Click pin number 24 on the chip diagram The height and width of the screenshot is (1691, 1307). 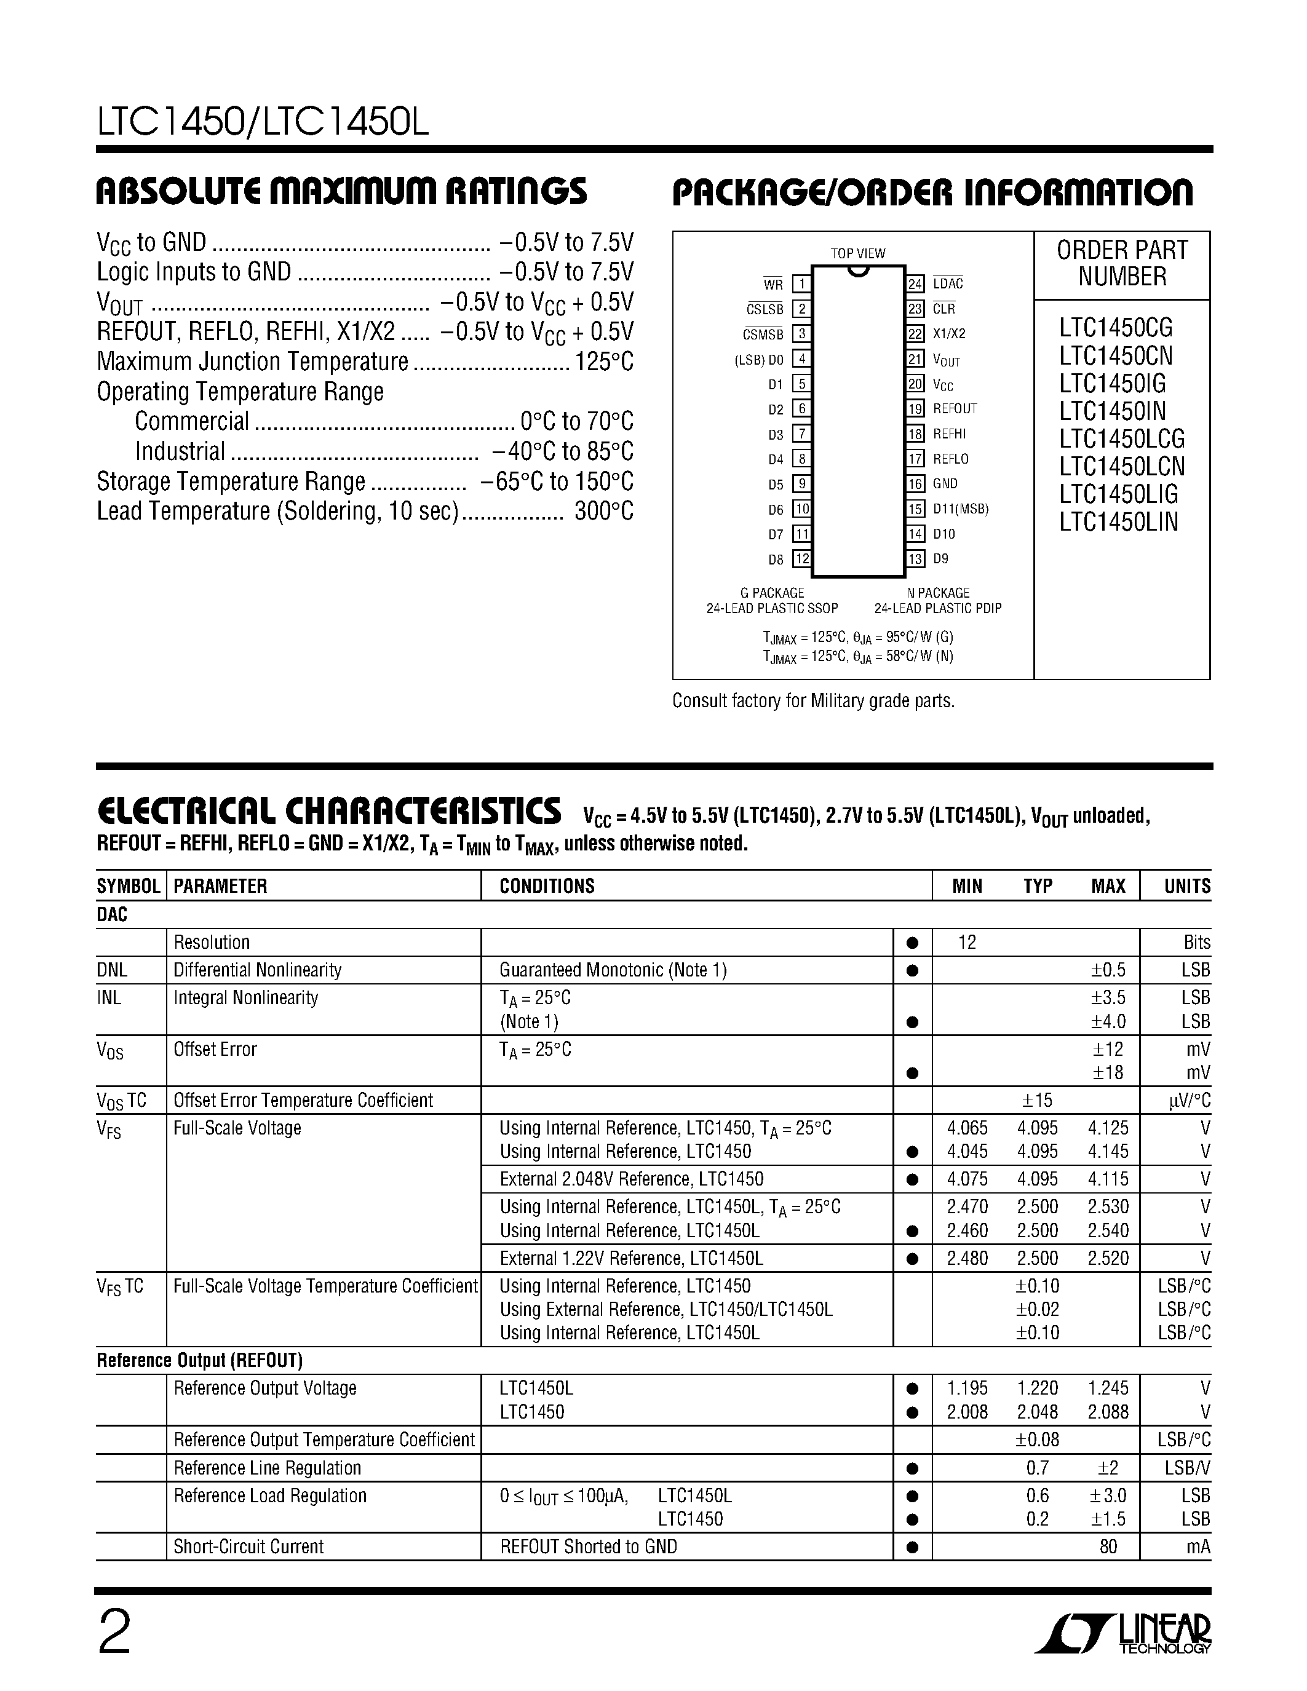[x=915, y=284]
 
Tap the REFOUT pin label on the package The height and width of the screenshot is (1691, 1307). [x=955, y=409]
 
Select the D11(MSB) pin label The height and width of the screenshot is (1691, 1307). [x=960, y=509]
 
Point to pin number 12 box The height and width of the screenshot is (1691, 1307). [x=802, y=558]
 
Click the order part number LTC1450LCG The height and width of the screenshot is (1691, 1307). [x=1122, y=439]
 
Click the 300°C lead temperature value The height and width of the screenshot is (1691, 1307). [x=604, y=512]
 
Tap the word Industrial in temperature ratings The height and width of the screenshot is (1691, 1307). [x=180, y=451]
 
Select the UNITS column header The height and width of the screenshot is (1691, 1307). [x=1187, y=885]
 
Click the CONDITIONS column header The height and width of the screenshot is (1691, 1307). [x=547, y=885]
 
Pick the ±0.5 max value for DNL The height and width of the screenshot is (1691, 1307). [x=1108, y=970]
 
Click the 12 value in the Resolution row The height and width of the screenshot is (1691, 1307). [x=967, y=942]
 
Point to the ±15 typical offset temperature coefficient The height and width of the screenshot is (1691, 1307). [x=1037, y=1100]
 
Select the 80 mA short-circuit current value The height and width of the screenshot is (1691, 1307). [x=1108, y=1546]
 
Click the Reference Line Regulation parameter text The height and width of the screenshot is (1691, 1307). [x=267, y=1468]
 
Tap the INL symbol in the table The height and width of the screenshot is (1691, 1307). [x=109, y=998]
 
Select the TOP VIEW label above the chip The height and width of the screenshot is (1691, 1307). [x=858, y=253]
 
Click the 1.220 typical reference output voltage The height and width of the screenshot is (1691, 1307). [x=1037, y=1388]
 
